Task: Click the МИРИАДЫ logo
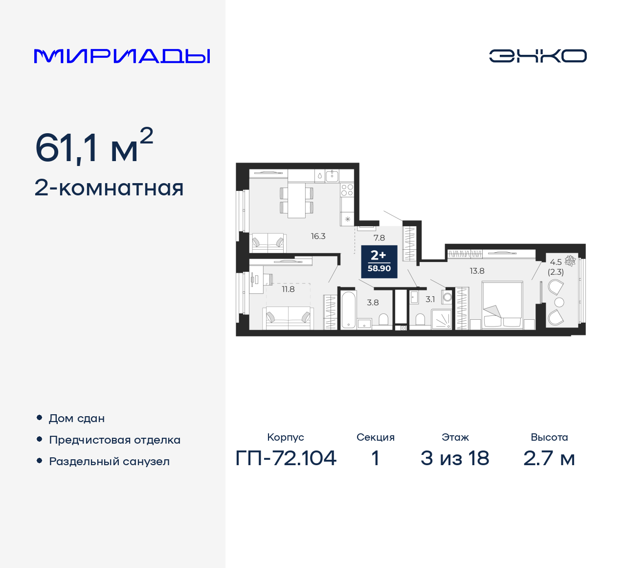(122, 56)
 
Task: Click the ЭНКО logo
(537, 56)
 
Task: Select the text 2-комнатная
(109, 188)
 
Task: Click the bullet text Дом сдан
(77, 419)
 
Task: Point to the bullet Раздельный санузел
(109, 461)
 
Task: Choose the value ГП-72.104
(286, 458)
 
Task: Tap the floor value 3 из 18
(454, 458)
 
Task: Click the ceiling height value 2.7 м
(549, 458)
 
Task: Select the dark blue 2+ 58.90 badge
(379, 261)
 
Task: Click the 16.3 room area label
(318, 236)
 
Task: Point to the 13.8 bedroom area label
(477, 271)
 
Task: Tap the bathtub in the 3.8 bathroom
(348, 310)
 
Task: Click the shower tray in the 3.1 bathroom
(441, 319)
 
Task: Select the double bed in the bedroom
(502, 304)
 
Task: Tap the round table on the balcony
(559, 302)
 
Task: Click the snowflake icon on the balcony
(570, 260)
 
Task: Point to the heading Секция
(375, 437)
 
